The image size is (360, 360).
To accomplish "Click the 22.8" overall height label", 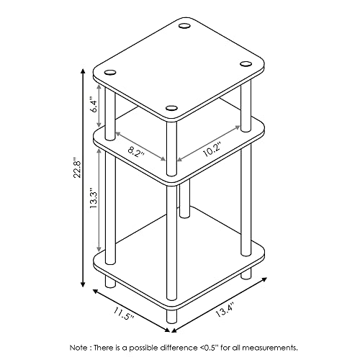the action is (78, 168).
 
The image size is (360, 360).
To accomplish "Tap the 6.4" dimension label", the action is (94, 104).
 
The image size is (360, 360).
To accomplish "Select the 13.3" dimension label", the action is (94, 197).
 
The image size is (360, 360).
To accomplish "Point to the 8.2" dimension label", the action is (136, 151).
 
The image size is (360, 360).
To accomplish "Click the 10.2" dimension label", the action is (212, 149).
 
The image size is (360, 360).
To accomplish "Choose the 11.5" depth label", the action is (124, 314).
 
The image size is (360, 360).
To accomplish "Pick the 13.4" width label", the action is (225, 310).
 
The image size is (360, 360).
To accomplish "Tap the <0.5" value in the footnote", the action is (209, 347).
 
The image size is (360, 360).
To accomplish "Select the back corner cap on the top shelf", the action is (184, 26).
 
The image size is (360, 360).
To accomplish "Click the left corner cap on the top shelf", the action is (110, 72).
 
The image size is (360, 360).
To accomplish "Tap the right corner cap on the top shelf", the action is (246, 64).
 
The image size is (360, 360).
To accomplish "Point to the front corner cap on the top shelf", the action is (171, 108).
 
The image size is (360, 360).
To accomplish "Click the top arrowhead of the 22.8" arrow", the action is (83, 72).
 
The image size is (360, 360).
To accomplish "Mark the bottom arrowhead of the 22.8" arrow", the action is (83, 284).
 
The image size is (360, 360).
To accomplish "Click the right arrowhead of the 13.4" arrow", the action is (264, 279).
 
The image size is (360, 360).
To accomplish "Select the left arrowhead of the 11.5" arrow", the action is (96, 292).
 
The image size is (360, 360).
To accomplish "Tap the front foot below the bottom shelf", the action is (171, 316).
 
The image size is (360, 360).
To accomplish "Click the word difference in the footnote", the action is (178, 347).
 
